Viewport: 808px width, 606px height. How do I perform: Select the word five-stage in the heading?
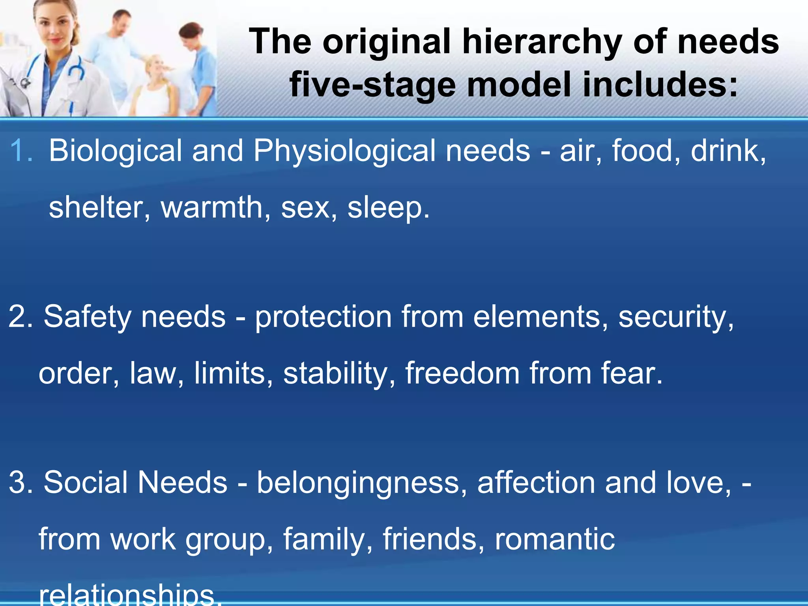click(372, 85)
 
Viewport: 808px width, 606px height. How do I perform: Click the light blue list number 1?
click(21, 151)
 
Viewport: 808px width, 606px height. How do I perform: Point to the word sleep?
click(388, 208)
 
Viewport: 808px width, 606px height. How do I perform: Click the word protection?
click(323, 317)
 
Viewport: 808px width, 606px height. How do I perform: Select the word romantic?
click(555, 539)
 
